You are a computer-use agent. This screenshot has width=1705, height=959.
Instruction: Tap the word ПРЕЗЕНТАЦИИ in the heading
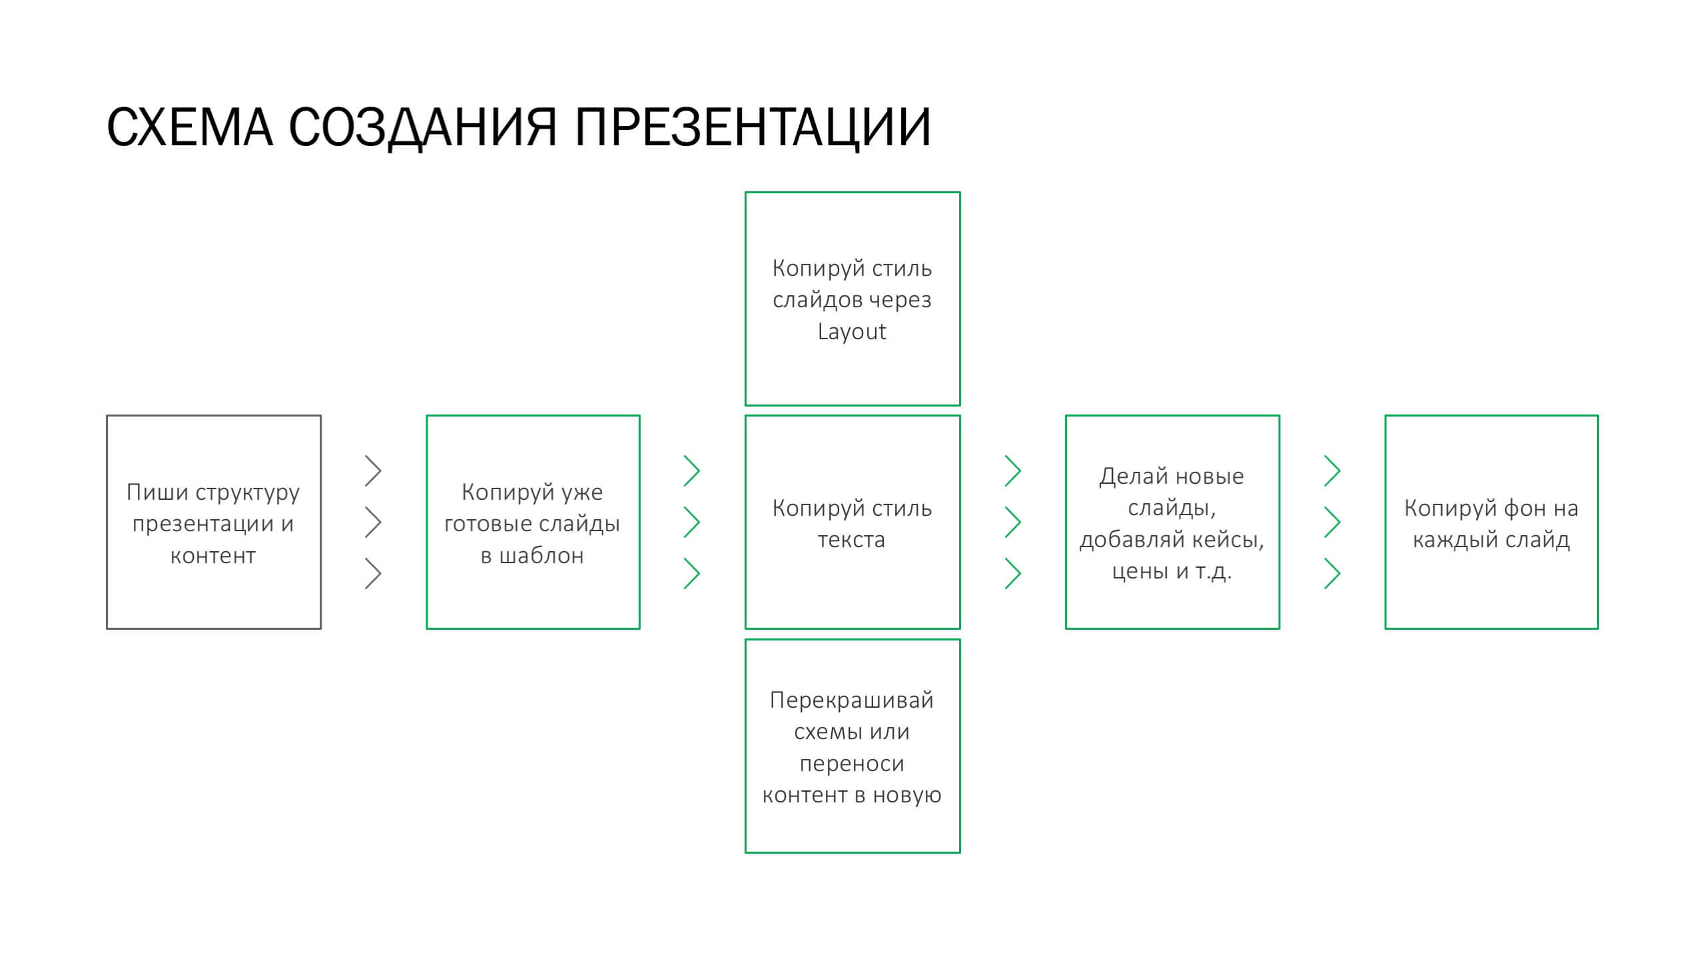(x=753, y=128)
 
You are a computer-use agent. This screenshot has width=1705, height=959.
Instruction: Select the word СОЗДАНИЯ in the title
(x=422, y=128)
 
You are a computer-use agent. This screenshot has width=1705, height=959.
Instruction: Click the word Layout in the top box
(x=852, y=332)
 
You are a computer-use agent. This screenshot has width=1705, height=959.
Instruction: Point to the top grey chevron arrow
(x=373, y=471)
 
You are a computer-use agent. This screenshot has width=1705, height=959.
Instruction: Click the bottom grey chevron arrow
(x=373, y=574)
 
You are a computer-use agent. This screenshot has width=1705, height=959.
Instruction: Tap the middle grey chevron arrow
(x=373, y=522)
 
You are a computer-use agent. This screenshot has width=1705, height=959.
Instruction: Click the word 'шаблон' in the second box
(x=541, y=555)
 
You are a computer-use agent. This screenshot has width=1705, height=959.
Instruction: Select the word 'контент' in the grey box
(x=213, y=556)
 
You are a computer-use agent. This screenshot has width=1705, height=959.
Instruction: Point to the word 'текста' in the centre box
(x=852, y=540)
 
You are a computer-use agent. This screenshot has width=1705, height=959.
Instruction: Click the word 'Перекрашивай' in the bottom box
(x=852, y=700)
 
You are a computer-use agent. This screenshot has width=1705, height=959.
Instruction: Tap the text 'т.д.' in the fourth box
(x=1213, y=572)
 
